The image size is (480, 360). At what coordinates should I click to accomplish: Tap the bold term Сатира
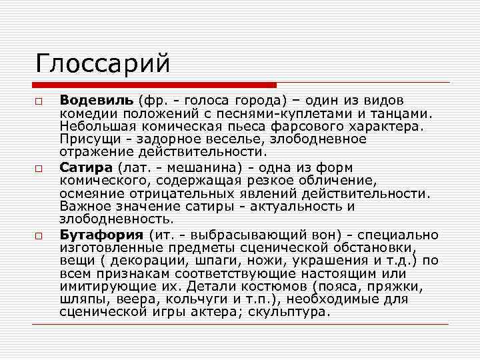pyautogui.click(x=85, y=167)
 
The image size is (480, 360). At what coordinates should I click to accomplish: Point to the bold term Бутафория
pyautogui.click(x=101, y=234)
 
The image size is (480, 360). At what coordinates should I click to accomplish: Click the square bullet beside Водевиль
pyautogui.click(x=39, y=101)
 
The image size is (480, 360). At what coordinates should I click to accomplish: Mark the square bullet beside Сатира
pyautogui.click(x=39, y=168)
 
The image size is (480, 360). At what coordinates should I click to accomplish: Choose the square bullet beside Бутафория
pyautogui.click(x=39, y=235)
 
